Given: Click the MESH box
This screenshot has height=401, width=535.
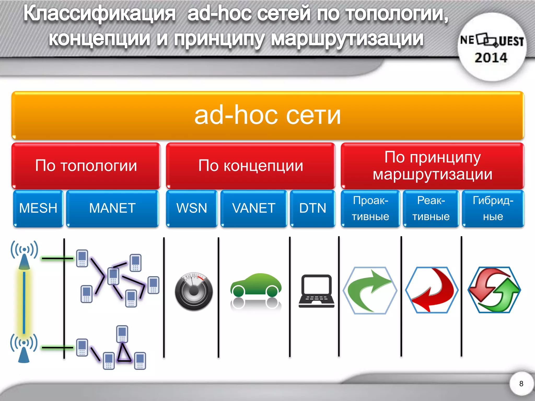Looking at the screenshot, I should pyautogui.click(x=38, y=208).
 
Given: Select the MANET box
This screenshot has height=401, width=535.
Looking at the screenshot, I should pyautogui.click(x=112, y=208).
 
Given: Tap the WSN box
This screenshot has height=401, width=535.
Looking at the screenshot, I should pyautogui.click(x=192, y=208).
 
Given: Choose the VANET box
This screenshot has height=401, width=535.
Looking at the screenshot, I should pyautogui.click(x=254, y=208).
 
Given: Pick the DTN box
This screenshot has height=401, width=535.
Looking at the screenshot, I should pyautogui.click(x=313, y=208).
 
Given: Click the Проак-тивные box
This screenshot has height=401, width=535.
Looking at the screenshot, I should pyautogui.click(x=370, y=208).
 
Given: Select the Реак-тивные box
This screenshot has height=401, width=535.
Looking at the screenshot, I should pyautogui.click(x=431, y=208).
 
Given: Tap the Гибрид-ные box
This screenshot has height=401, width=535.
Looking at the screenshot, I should pyautogui.click(x=493, y=208).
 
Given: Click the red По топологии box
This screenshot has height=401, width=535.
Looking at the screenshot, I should pyautogui.click(x=86, y=166).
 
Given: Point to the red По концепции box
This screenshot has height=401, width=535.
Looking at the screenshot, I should pyautogui.click(x=251, y=166).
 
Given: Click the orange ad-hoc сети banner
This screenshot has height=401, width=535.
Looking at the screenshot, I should pyautogui.click(x=267, y=115).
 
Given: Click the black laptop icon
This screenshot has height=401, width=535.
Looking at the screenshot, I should pyautogui.click(x=316, y=291).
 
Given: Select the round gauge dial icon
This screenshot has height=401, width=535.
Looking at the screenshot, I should pyautogui.click(x=194, y=291).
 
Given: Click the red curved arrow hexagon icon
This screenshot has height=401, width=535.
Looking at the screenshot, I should pyautogui.click(x=432, y=290).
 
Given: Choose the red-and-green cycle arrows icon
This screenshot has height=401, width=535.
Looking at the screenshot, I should pyautogui.click(x=494, y=290).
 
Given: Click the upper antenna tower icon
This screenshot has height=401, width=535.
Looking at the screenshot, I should pyautogui.click(x=24, y=255).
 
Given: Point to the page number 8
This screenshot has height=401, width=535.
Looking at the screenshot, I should pyautogui.click(x=521, y=384).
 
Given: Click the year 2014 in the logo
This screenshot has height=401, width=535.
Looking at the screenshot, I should pyautogui.click(x=491, y=58).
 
